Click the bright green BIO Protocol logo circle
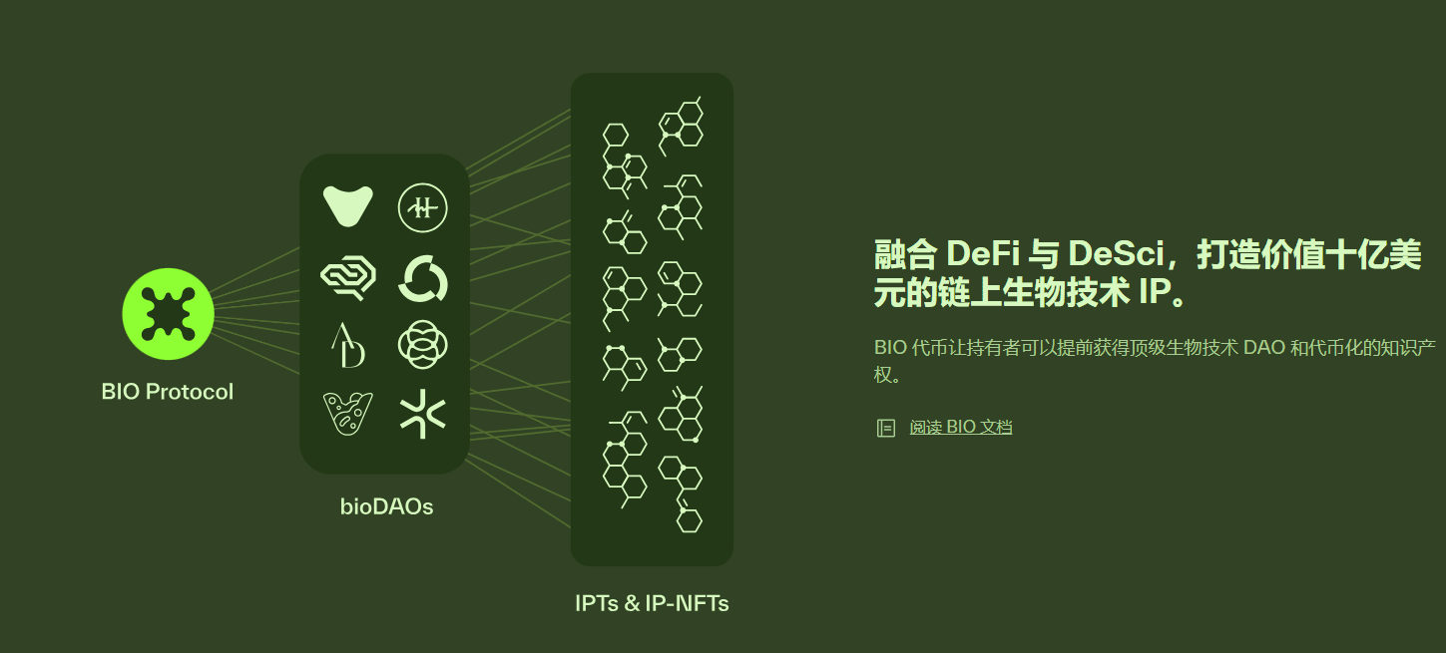168,314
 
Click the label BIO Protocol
168,392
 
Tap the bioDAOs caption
386,506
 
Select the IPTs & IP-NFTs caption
652,603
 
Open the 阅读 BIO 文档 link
960,428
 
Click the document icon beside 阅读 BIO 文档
885,429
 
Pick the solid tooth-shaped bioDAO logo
348,206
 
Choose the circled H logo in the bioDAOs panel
422,207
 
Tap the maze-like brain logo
348,277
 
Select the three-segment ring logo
422,278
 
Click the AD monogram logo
348,345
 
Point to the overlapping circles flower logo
422,345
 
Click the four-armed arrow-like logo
422,414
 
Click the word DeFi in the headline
979,254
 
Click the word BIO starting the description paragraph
890,348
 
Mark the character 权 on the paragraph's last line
883,376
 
